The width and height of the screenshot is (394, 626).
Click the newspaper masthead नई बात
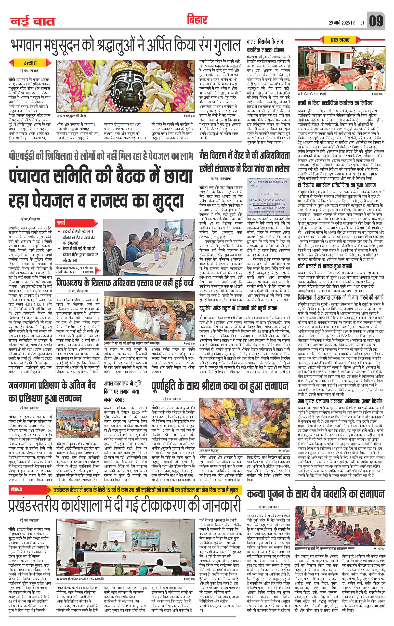(33, 21)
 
